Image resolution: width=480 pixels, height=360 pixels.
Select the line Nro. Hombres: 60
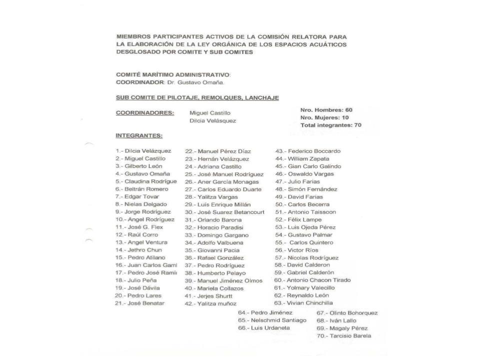click(326, 109)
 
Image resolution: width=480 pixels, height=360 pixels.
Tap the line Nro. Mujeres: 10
click(324, 117)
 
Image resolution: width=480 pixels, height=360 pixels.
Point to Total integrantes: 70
click(330, 125)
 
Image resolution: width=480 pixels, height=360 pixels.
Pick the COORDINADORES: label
click(145, 113)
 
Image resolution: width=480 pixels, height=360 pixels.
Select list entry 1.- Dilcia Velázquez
click(143, 150)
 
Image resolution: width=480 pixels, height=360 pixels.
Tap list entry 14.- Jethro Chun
click(138, 249)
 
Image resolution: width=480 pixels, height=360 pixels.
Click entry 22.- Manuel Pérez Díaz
click(218, 151)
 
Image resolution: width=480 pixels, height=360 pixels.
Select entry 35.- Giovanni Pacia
click(212, 250)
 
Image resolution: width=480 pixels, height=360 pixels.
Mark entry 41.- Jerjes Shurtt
click(208, 296)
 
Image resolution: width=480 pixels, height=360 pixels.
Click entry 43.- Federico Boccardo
click(308, 150)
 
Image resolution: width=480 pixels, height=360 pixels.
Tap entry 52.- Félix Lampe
click(298, 219)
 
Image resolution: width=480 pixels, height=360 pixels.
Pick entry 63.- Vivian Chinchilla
click(307, 303)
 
